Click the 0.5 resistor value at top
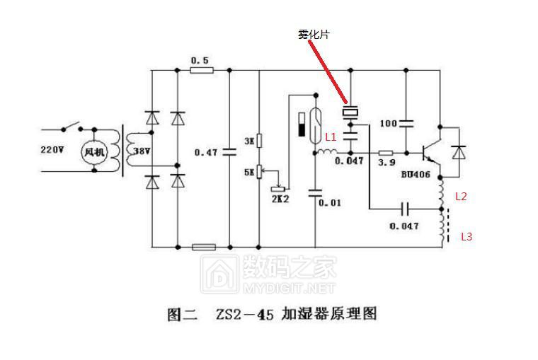[200, 61]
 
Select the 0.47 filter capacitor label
[206, 151]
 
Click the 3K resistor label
[248, 141]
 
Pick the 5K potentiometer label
[248, 170]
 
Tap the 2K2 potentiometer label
[280, 199]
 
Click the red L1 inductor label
[331, 137]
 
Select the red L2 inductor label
[461, 197]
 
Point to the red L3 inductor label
[466, 237]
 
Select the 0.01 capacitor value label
[330, 203]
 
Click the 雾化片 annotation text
[313, 34]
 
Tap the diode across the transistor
[459, 151]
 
